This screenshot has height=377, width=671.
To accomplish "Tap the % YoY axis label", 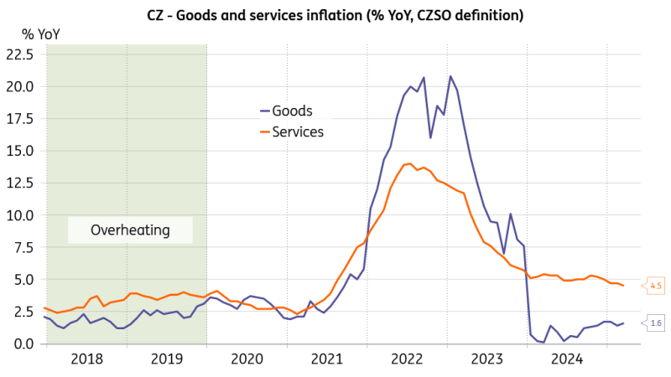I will tap(40, 34).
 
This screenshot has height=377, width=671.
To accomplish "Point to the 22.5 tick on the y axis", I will tap(20, 54).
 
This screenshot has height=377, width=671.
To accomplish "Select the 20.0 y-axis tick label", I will tap(20, 86).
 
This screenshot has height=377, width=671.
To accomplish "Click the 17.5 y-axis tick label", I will tap(20, 118).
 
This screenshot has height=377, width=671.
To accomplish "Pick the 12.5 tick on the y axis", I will tap(20, 183).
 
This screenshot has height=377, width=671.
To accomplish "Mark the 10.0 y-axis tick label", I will tap(20, 215).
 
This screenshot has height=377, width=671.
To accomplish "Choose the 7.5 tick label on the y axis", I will tap(23, 247).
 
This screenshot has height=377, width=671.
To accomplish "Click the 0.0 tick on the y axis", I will tap(23, 343).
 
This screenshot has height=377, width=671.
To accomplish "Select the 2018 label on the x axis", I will tap(86, 359).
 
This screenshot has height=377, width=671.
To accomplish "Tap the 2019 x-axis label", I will tap(166, 359).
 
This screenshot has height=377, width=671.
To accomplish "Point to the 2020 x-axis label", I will tap(247, 359).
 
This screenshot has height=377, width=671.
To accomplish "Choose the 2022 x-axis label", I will tap(408, 359).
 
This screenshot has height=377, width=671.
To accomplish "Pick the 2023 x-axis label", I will tap(488, 359).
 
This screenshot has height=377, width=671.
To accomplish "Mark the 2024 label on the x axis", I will tap(568, 359).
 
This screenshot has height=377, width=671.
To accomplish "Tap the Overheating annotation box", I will tap(130, 230).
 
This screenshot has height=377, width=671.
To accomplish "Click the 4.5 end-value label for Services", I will tap(654, 286).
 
